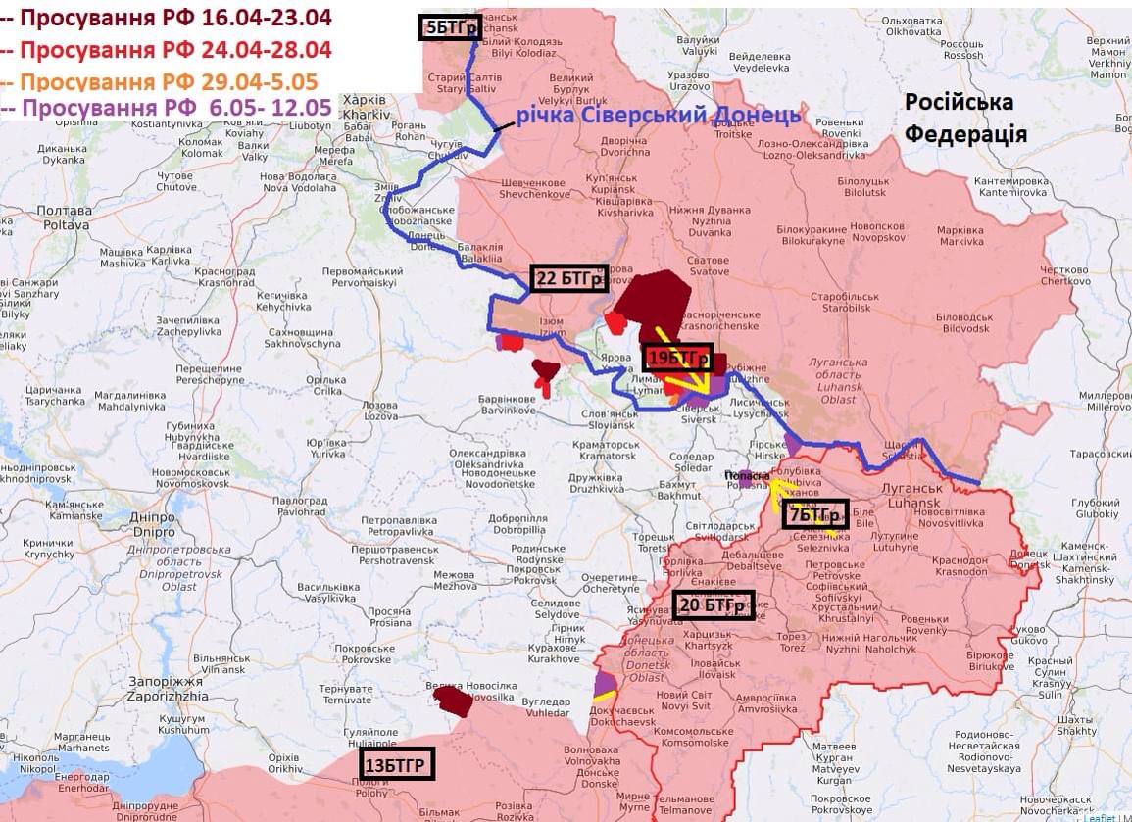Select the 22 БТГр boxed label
point(568,278)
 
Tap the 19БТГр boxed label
point(676,359)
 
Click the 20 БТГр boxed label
point(714,605)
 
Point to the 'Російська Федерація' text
point(964,118)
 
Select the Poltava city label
point(63,218)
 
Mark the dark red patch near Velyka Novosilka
point(453,701)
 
